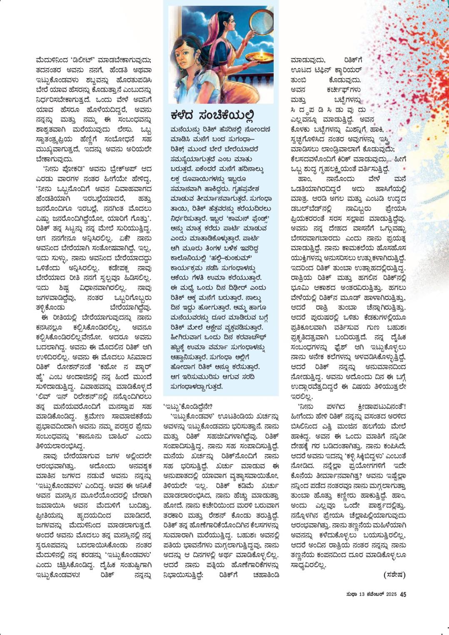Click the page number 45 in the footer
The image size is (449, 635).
click(403, 594)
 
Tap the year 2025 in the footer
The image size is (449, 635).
click(391, 594)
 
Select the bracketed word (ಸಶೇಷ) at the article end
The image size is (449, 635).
click(394, 575)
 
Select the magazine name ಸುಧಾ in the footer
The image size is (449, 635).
click(350, 594)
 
